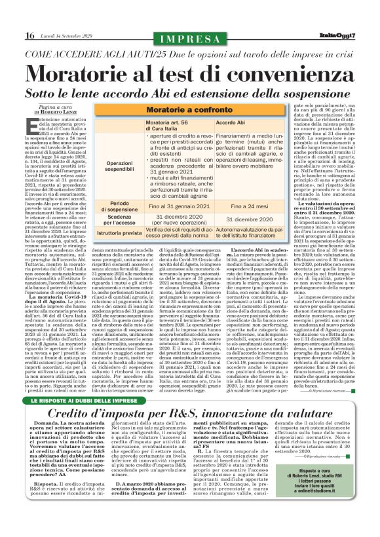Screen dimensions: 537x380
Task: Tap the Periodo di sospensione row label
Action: pos(118,208)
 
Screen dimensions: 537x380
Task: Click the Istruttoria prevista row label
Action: pos(118,232)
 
